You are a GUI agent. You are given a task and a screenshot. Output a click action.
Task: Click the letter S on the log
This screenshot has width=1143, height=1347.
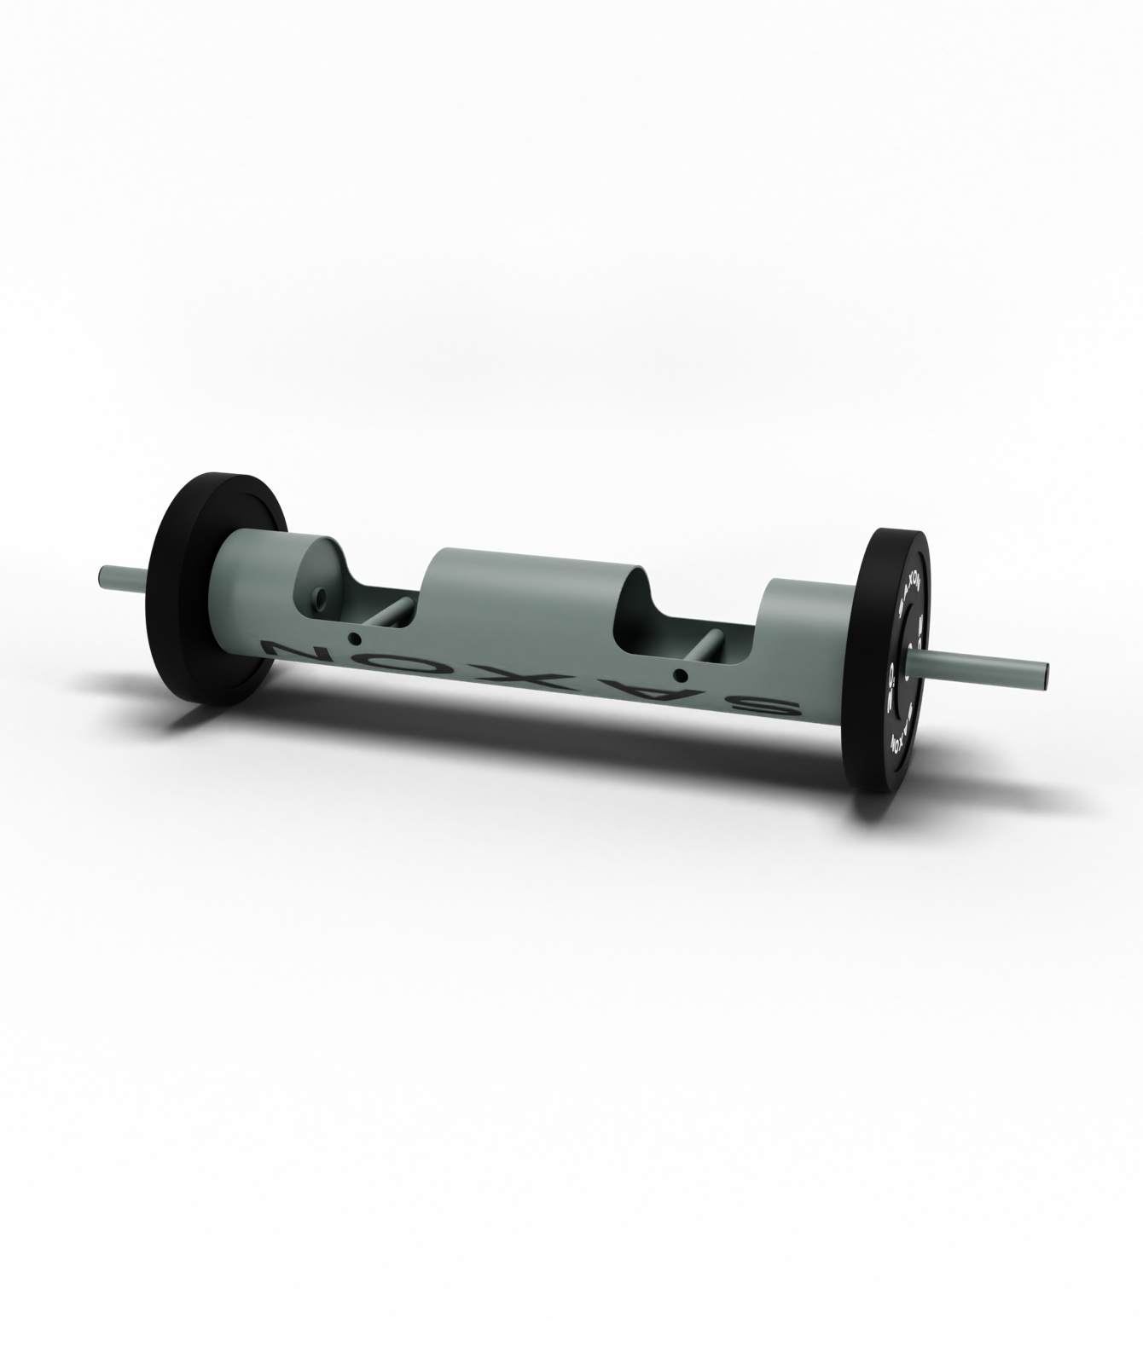771,705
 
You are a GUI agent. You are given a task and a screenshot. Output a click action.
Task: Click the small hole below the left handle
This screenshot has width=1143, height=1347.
353,639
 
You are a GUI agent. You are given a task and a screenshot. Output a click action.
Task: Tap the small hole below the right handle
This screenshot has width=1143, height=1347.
679,676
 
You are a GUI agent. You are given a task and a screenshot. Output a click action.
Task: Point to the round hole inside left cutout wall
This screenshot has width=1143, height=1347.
320,597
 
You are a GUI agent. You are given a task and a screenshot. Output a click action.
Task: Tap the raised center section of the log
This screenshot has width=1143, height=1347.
529,588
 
